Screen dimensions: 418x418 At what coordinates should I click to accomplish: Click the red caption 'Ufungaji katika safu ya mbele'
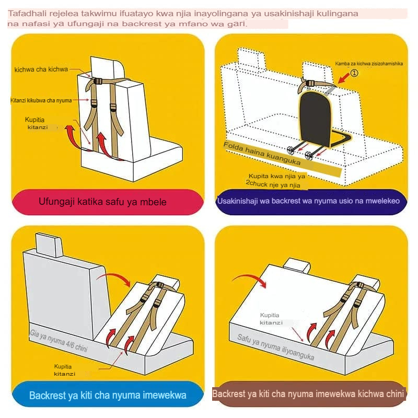tap(102, 202)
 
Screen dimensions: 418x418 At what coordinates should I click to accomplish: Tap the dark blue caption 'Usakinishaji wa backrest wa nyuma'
tap(275, 201)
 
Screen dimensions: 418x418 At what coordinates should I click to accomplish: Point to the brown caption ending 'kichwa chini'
tap(308, 394)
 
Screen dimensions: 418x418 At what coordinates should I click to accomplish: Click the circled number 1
tap(354, 73)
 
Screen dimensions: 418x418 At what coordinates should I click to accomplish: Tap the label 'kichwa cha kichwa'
tap(41, 69)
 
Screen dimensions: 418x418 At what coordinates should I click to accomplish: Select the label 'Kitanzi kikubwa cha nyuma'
tap(41, 100)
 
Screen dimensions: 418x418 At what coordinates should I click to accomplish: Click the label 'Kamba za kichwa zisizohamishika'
tap(369, 64)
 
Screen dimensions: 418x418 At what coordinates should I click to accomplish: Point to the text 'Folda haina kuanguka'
tap(262, 153)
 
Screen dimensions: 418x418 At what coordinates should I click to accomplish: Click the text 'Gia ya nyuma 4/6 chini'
tap(59, 341)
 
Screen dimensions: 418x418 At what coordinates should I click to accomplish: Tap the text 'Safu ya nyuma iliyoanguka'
tap(276, 347)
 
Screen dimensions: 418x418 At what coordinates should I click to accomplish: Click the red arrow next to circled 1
tap(344, 78)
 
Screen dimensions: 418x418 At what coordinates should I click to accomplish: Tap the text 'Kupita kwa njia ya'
tap(277, 176)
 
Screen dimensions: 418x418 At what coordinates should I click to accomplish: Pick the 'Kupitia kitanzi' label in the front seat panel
tap(37, 123)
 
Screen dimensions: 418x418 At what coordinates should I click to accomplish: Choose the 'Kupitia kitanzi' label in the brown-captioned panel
tap(270, 319)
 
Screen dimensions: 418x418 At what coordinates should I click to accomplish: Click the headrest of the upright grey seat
tap(49, 245)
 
